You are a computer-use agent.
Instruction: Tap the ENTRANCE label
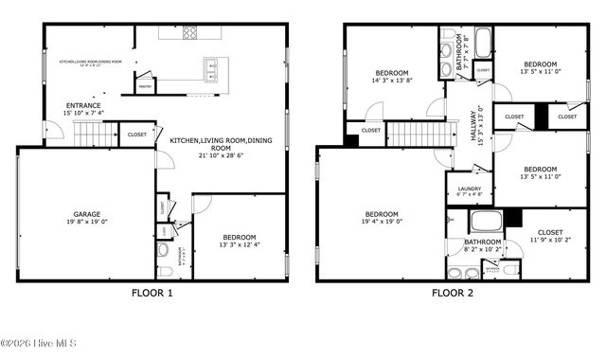point(83,105)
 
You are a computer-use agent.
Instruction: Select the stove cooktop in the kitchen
point(188,32)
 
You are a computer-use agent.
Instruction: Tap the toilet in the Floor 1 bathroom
point(162,253)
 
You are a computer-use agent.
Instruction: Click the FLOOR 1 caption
point(151,294)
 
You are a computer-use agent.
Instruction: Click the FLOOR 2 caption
point(454,294)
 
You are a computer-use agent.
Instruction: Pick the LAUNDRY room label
point(470,189)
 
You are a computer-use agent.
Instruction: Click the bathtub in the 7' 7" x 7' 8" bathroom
point(482,42)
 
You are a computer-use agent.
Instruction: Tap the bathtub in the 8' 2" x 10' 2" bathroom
point(486,224)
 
